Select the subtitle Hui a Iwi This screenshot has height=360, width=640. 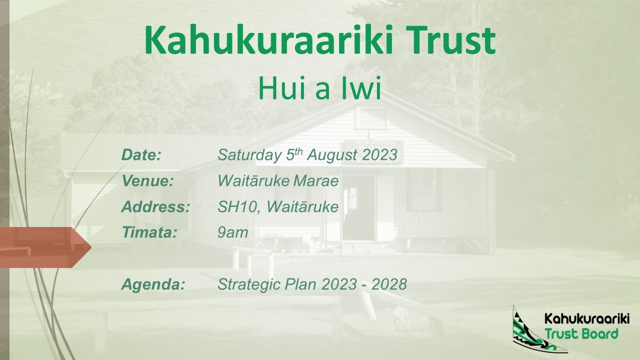pyautogui.click(x=319, y=87)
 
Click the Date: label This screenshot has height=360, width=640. pyautogui.click(x=141, y=155)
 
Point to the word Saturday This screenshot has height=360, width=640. pyautogui.click(x=249, y=155)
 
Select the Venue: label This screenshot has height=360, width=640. pyautogui.click(x=147, y=181)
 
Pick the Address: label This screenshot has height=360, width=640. pyautogui.click(x=155, y=207)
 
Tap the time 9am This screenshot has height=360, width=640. pyautogui.click(x=233, y=233)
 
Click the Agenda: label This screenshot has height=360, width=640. pyautogui.click(x=153, y=285)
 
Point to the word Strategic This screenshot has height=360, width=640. pyautogui.click(x=249, y=285)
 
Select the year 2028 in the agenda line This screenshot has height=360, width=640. pyautogui.click(x=389, y=284)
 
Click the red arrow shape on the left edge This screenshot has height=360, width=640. pyautogui.click(x=45, y=247)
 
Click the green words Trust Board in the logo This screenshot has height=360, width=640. pyautogui.click(x=581, y=333)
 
